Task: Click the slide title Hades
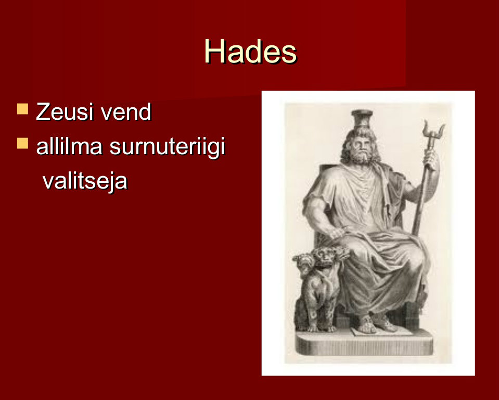pos(250,52)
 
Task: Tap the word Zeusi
pos(65,112)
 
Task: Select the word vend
pos(126,112)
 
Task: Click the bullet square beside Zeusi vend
pos(22,109)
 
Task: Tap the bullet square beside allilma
pos(22,143)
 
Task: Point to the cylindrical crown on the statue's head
pos(362,118)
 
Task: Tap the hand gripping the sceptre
pos(431,160)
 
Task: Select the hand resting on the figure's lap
pos(337,232)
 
